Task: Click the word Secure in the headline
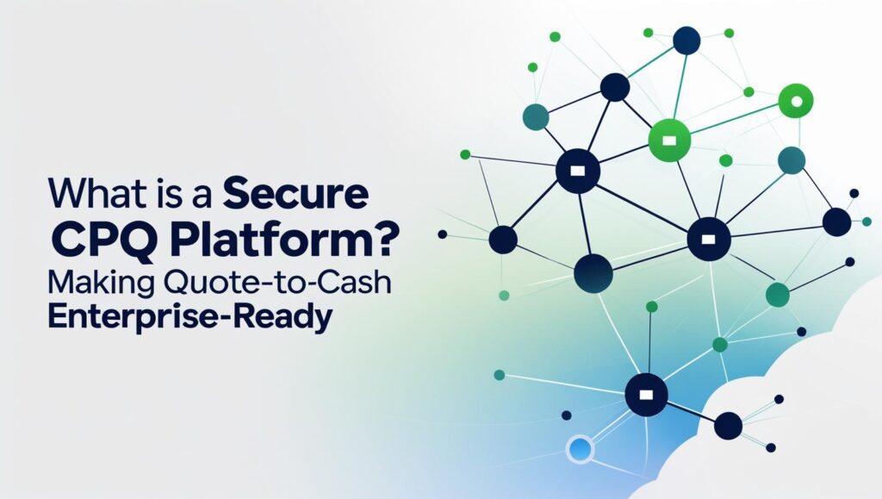click(296, 194)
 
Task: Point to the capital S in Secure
click(236, 194)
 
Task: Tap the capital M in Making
click(62, 282)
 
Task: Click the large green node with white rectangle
click(668, 140)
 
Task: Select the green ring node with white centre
click(795, 101)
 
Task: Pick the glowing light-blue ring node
click(580, 448)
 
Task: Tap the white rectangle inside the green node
click(668, 140)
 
